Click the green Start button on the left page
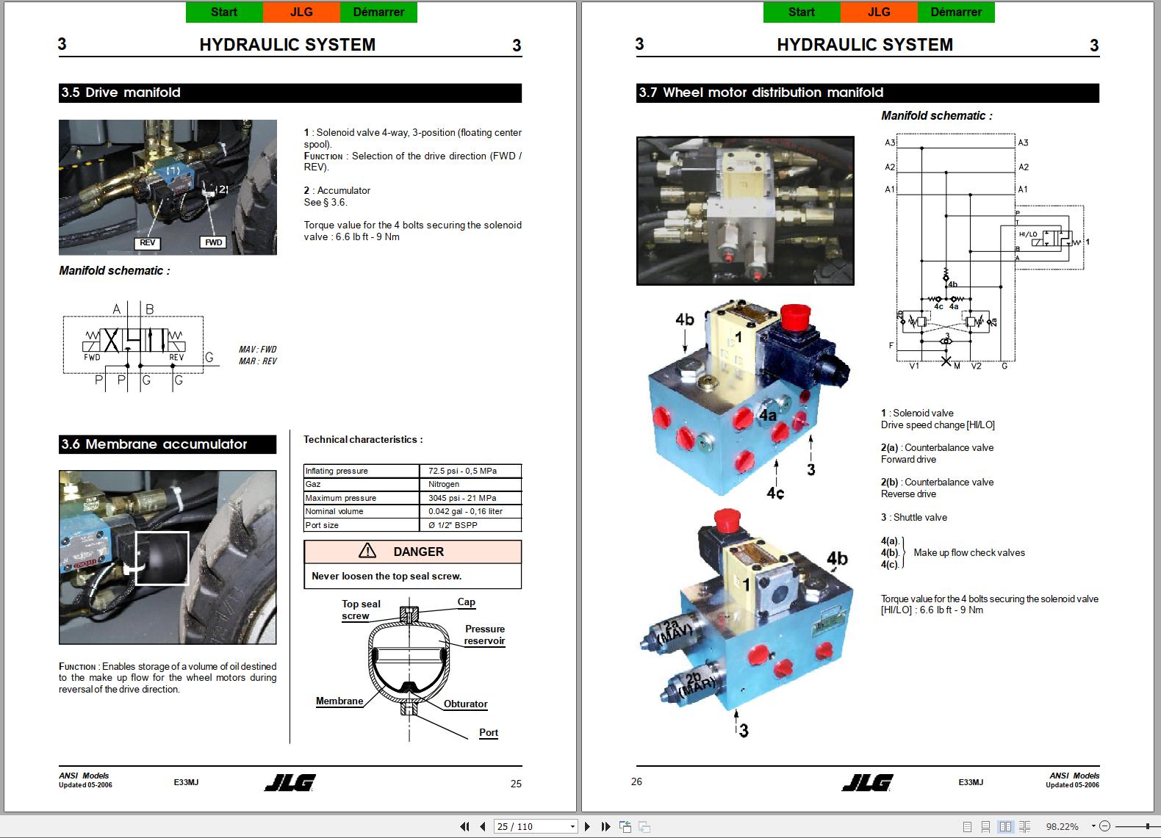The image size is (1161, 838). coord(224,12)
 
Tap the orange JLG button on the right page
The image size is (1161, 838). coord(878,12)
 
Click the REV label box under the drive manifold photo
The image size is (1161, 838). coord(148,243)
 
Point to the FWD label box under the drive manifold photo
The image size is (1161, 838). coord(213,242)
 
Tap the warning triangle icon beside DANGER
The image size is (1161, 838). coord(367,551)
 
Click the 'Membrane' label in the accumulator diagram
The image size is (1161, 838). coord(339,701)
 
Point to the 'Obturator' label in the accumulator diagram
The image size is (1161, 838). coord(465,704)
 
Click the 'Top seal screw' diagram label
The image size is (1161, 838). coord(360,610)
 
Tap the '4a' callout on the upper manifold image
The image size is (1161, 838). coord(768,416)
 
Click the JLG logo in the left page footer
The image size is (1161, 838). coord(290,783)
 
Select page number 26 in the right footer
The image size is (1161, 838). coord(636,781)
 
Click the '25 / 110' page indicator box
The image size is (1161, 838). coord(534,826)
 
